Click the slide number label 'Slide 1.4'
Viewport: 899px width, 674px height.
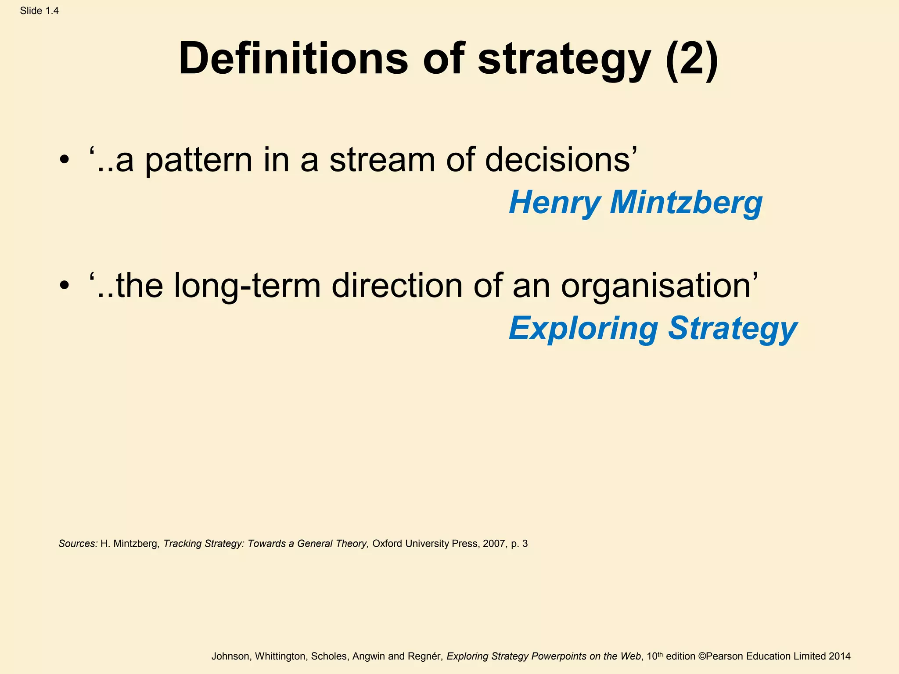tap(39, 11)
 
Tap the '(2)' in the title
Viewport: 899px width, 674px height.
tap(692, 58)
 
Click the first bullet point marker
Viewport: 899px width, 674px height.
tap(65, 160)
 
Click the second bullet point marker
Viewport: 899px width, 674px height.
tap(65, 286)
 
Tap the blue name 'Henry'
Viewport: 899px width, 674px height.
tap(554, 203)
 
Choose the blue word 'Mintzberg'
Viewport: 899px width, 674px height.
tap(686, 203)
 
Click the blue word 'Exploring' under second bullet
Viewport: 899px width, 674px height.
tap(583, 329)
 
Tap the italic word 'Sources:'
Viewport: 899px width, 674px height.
tap(78, 544)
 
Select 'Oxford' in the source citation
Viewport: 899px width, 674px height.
tap(387, 544)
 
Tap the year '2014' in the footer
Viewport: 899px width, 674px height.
tap(839, 656)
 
